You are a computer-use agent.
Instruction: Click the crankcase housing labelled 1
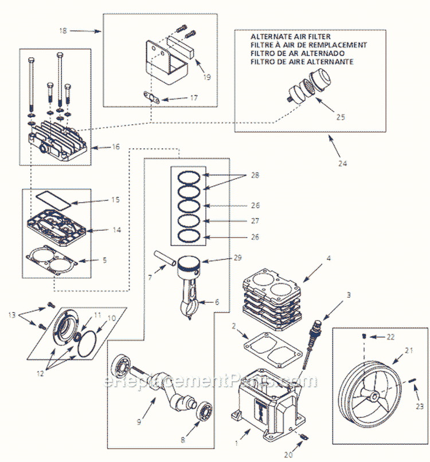click(267, 401)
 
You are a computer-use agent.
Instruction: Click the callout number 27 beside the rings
click(255, 220)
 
